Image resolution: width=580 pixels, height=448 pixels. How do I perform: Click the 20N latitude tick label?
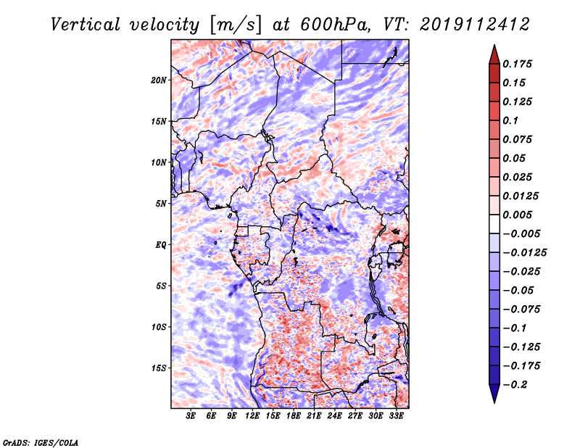[159, 80]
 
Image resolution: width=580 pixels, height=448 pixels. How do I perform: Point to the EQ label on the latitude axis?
[161, 245]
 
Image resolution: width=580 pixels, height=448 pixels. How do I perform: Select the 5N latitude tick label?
[161, 204]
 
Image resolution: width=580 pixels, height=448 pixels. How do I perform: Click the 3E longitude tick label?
[191, 415]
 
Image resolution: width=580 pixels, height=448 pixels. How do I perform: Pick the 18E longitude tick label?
[294, 415]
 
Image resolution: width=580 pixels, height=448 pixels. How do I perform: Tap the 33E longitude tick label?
[396, 415]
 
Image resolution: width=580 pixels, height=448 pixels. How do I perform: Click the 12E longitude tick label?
[252, 415]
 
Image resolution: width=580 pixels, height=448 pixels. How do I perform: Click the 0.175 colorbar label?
[517, 64]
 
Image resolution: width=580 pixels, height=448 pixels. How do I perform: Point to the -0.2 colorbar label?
[515, 385]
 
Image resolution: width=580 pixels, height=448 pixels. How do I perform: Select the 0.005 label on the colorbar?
[517, 215]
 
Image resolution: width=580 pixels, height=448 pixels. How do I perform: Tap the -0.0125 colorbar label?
[524, 253]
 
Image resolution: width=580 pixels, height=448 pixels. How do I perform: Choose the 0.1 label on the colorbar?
[510, 120]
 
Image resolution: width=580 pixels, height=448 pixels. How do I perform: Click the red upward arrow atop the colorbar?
[494, 55]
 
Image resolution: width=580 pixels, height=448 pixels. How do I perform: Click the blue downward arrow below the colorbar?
[494, 394]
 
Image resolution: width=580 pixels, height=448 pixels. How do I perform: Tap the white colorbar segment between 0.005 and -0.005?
[494, 224]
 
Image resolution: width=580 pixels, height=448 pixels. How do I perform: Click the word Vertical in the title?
[86, 25]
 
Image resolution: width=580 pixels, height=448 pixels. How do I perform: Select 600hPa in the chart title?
[334, 25]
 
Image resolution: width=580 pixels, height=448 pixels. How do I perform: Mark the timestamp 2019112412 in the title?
[475, 25]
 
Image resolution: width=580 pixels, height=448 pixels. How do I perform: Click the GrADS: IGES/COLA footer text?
[41, 442]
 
